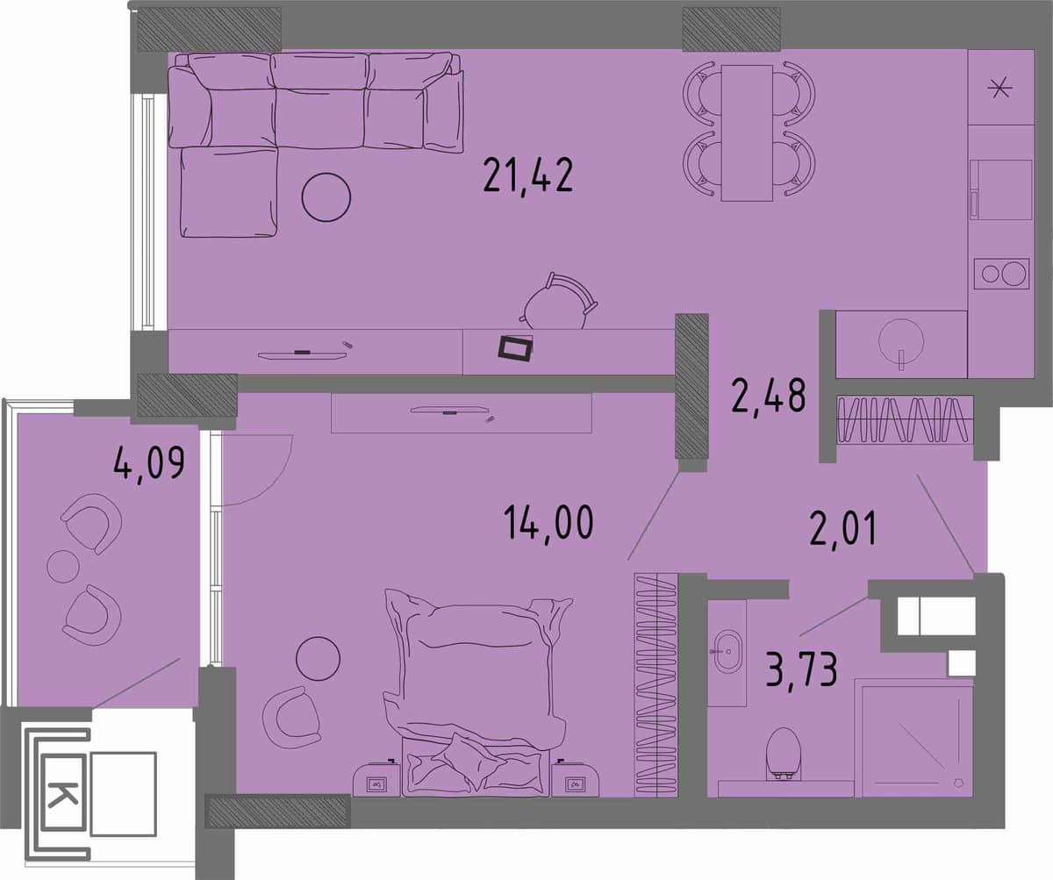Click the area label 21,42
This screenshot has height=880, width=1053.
528,175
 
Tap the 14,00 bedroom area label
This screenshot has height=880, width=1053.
548,523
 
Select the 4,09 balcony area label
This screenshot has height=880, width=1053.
149,464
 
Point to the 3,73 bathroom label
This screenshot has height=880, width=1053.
801,669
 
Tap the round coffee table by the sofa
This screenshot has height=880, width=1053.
326,197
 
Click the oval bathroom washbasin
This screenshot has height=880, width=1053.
727,651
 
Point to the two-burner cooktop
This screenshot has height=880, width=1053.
1001,274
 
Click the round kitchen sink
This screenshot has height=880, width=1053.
901,340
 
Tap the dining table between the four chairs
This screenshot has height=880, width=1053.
747,133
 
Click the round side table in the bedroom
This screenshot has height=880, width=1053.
318,659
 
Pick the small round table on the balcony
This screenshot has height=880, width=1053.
63,566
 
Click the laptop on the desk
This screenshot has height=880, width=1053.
515,348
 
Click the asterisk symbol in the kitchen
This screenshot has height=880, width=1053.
999,90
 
